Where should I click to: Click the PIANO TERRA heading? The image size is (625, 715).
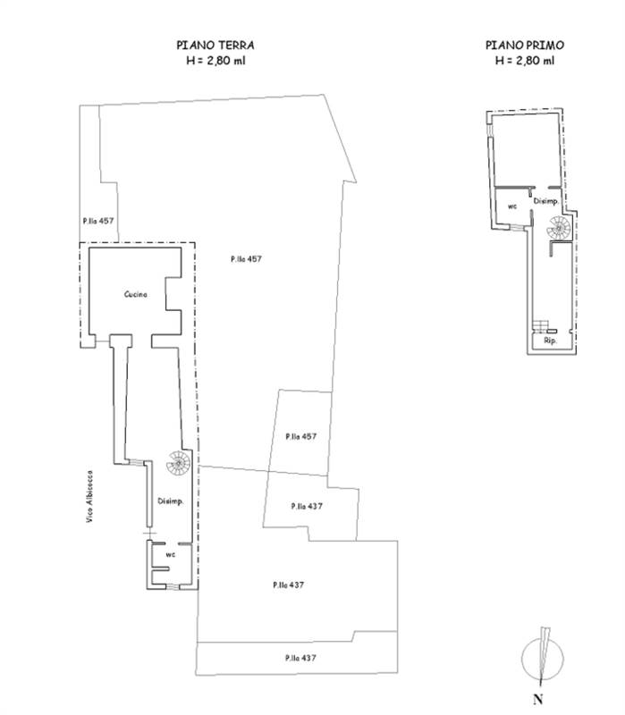pos(215,46)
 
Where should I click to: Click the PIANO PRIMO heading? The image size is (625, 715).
pos(525,46)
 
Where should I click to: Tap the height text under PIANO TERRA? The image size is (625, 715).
pos(215,60)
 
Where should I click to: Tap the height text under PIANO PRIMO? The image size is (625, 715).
pos(525,60)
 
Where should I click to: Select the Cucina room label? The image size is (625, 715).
pos(136,294)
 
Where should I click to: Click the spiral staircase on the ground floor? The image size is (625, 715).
pos(178,463)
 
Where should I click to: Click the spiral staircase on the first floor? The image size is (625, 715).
pos(559,228)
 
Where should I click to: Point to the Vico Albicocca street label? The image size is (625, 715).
pos(90,496)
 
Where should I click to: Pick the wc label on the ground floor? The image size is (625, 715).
pos(170,554)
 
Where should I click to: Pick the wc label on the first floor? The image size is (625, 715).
pos(512,206)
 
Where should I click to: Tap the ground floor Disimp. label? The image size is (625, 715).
pos(171,501)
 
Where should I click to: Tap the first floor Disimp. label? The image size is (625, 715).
pos(546,201)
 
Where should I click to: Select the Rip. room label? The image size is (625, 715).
pos(550,341)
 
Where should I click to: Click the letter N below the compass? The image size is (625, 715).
pos(538,699)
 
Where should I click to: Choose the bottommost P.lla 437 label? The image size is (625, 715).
pos(300,658)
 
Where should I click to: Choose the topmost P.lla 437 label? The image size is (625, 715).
pos(307,506)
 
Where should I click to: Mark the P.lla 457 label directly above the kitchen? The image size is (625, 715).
pos(98,221)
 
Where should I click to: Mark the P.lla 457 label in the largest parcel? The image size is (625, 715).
pos(247,259)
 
